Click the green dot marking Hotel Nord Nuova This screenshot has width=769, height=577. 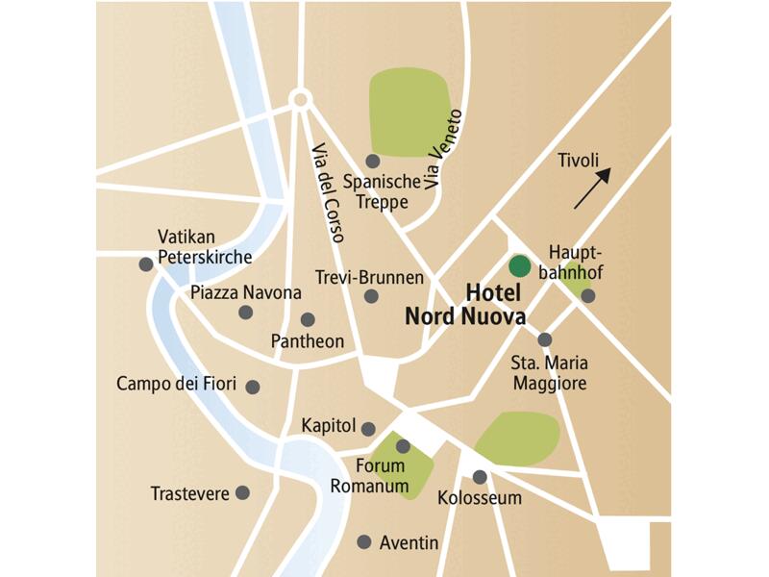(519, 265)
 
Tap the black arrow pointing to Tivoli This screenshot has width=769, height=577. (592, 188)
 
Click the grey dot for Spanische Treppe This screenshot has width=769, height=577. (373, 162)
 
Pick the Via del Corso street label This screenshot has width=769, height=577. (328, 191)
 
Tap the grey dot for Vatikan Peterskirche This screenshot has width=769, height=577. (145, 263)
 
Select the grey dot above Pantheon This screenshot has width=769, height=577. (308, 319)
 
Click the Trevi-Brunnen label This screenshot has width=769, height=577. (369, 277)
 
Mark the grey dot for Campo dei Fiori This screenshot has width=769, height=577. (253, 387)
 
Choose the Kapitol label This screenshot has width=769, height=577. (329, 426)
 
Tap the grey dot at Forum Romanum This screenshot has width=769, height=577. (403, 446)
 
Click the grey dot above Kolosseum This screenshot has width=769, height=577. (480, 476)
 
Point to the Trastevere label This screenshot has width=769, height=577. (189, 493)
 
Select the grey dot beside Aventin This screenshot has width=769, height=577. (363, 541)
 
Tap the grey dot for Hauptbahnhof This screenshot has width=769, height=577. (587, 296)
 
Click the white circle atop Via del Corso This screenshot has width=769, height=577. (300, 98)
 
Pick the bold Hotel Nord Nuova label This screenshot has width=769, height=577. (465, 305)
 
